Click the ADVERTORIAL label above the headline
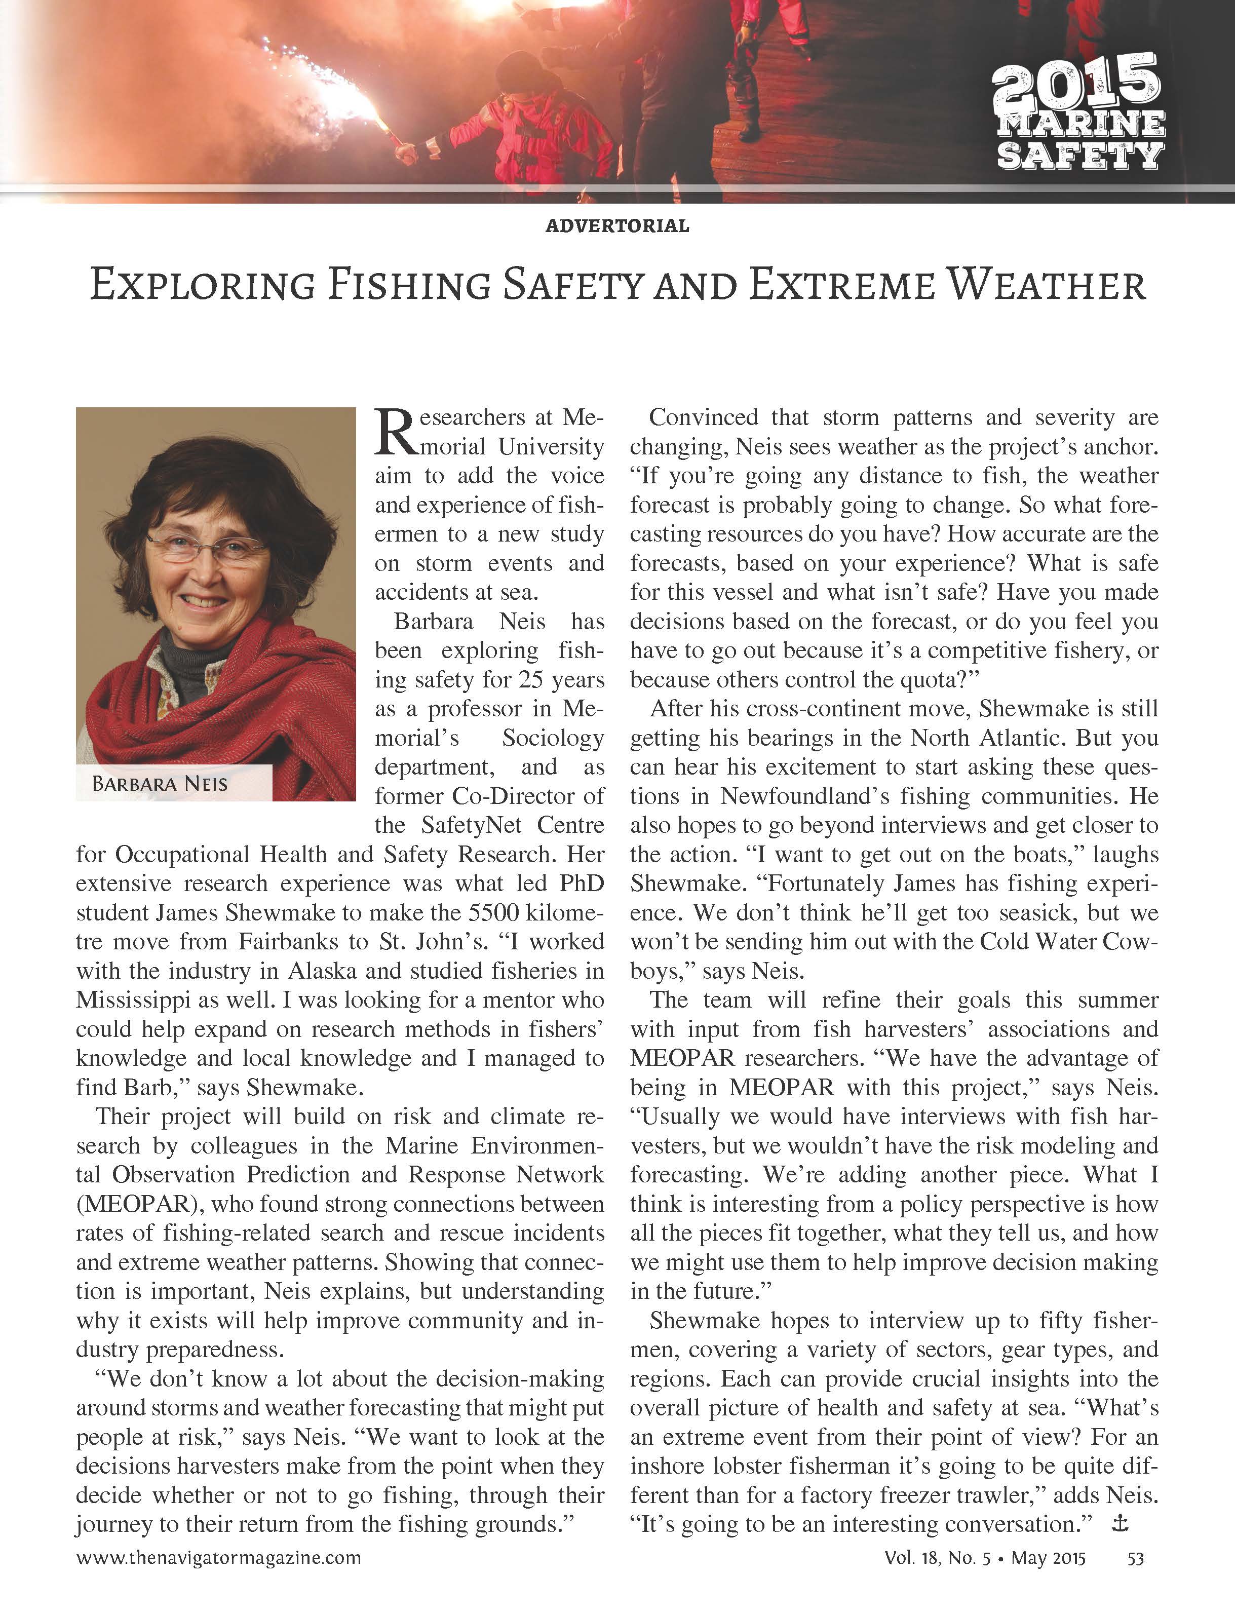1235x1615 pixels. (617, 225)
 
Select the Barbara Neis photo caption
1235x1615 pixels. (160, 784)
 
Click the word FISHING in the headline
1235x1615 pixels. (408, 285)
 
